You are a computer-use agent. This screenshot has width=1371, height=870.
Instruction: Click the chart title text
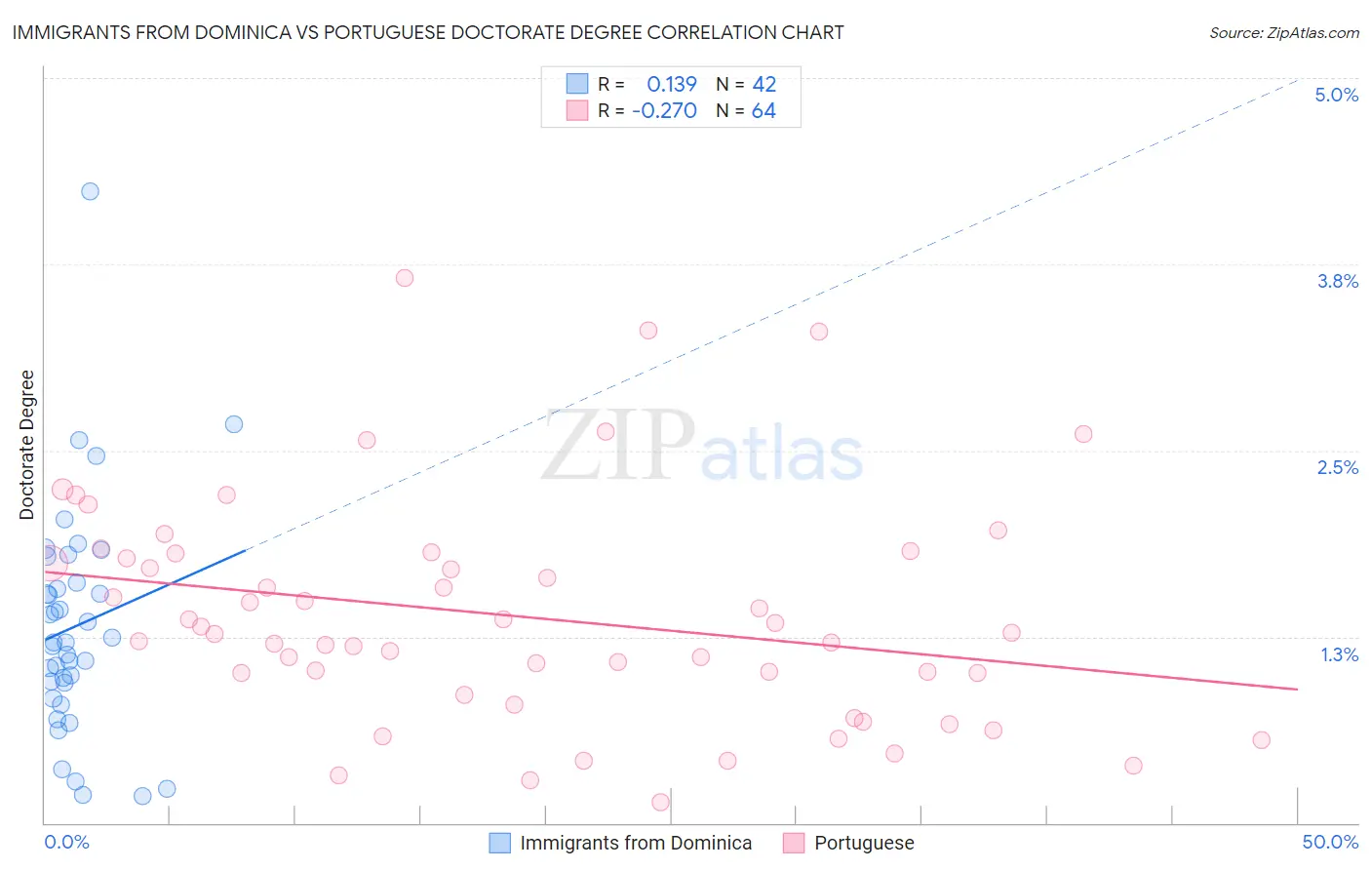click(428, 32)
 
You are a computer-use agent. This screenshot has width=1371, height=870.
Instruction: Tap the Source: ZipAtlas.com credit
click(1283, 32)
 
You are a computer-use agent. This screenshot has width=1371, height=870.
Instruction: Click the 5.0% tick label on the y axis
click(1336, 95)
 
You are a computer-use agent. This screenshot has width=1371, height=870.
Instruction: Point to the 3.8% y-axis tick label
click(1337, 281)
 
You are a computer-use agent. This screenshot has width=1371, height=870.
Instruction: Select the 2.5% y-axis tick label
click(1337, 467)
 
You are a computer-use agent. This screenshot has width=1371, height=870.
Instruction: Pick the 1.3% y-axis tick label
click(1339, 654)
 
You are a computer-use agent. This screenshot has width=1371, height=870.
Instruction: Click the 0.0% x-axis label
click(66, 842)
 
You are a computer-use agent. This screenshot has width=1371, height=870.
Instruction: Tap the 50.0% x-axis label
click(1330, 842)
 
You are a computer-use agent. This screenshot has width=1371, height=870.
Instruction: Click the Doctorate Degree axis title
click(27, 445)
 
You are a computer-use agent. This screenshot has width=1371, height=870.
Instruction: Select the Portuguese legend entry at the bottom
click(864, 843)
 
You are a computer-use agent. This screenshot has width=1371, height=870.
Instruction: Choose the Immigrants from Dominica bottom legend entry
click(636, 843)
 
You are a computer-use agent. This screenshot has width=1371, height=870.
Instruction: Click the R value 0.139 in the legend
click(672, 84)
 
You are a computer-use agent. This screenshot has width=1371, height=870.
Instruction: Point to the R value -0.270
click(664, 111)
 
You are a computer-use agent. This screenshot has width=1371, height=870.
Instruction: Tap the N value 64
click(764, 111)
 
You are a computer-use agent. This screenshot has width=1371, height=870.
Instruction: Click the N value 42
click(764, 84)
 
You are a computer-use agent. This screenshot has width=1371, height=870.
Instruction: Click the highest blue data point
click(90, 191)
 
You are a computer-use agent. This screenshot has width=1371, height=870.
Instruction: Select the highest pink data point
click(405, 278)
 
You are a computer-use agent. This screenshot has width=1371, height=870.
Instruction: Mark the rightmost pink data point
click(1261, 739)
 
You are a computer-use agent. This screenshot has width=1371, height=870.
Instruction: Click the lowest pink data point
click(660, 802)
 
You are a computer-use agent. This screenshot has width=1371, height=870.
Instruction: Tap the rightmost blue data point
click(234, 424)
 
